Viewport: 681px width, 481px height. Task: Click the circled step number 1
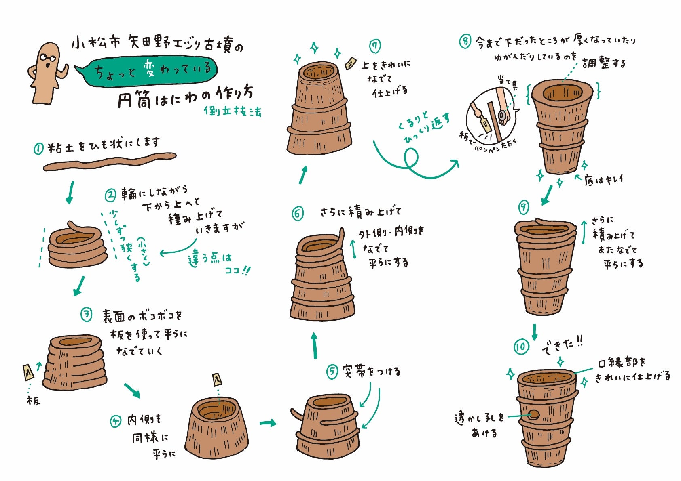tap(38, 149)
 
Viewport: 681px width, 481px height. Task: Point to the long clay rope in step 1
tap(110, 162)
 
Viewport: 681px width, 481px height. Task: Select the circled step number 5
tap(332, 372)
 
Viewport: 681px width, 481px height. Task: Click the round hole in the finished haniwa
tap(534, 414)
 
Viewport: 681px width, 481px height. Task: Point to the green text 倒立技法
tap(233, 111)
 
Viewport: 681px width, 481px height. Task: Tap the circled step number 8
tap(465, 41)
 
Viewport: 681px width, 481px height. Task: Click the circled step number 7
tap(375, 46)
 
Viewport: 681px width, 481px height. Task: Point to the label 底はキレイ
tap(603, 180)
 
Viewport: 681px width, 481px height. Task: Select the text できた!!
tap(563, 346)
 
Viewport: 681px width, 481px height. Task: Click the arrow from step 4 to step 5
tap(268, 423)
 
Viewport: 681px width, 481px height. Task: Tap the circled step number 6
tap(298, 214)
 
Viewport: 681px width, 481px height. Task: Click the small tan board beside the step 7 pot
tap(351, 63)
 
